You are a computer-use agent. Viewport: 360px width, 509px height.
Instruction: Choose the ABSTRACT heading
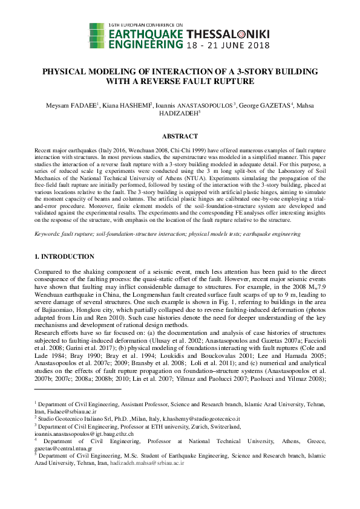180,137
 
